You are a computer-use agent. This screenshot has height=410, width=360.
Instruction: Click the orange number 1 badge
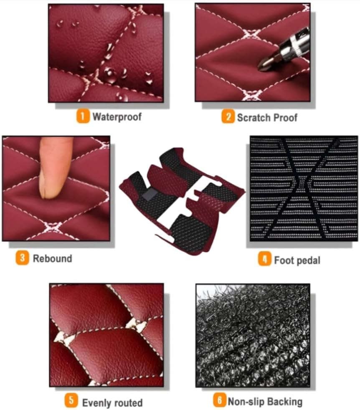click(x=83, y=116)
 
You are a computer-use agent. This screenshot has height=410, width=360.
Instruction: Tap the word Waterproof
click(x=117, y=116)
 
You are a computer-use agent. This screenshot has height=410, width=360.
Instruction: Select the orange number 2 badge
click(x=228, y=117)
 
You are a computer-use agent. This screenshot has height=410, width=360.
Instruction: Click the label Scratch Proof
click(x=267, y=118)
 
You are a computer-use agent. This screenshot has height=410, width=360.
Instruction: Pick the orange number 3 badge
click(x=22, y=258)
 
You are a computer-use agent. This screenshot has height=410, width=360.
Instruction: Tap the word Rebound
click(x=52, y=258)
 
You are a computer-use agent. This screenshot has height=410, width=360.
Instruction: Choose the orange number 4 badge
click(x=264, y=260)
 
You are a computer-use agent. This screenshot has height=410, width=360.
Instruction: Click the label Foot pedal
click(x=297, y=261)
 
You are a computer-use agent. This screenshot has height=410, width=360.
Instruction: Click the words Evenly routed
click(x=112, y=402)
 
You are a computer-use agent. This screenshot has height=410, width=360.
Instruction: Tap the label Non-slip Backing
click(x=264, y=402)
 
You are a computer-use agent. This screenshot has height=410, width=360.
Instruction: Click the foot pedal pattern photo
click(x=303, y=188)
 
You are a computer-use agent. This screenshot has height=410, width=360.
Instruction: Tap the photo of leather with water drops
click(x=106, y=53)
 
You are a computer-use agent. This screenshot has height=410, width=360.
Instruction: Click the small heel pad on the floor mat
click(x=148, y=194)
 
